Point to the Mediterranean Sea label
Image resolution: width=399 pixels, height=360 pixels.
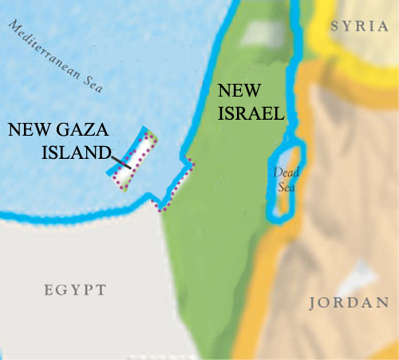point(57,57)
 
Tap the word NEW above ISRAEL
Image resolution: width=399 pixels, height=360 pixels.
point(240,93)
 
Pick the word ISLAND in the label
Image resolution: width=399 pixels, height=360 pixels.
point(74,152)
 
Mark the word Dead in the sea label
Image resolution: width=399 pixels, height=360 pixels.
point(285,172)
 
